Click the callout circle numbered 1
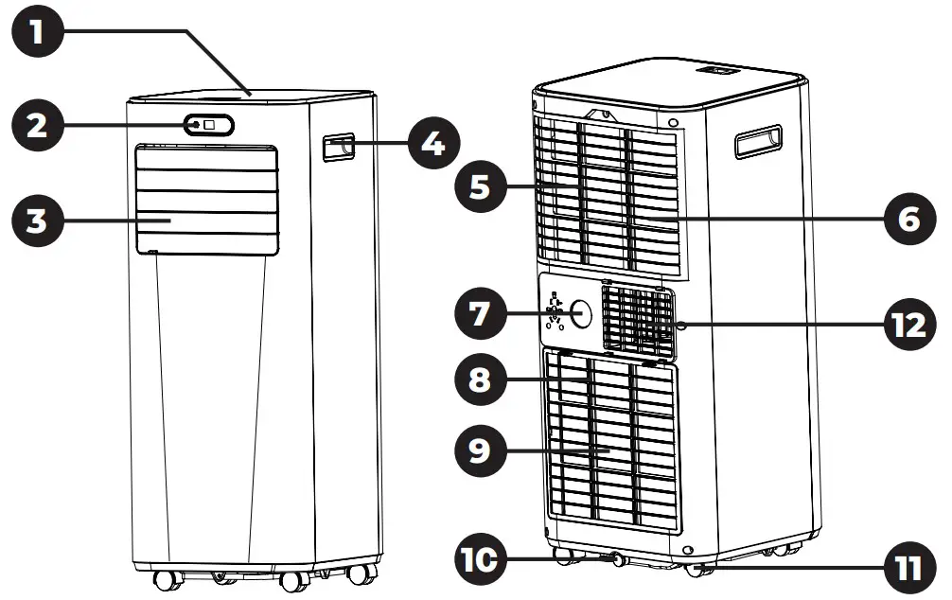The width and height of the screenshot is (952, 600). (37, 35)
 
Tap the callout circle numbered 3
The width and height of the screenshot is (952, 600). (37, 222)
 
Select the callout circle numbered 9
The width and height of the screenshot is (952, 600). (482, 449)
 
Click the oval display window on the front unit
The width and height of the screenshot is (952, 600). (208, 124)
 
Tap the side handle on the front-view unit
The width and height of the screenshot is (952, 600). (337, 147)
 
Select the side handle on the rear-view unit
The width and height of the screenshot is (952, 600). (758, 142)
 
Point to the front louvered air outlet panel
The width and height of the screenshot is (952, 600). (206, 199)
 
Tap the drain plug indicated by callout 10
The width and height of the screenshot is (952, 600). (620, 559)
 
